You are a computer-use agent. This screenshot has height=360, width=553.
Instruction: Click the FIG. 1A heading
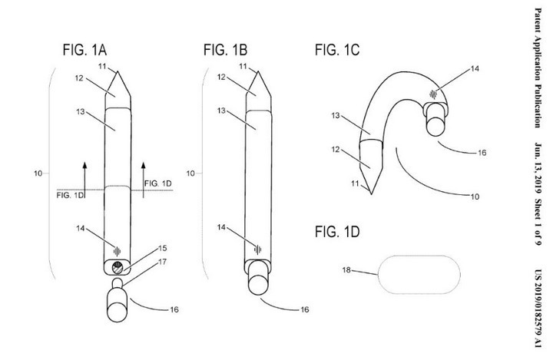(x=84, y=50)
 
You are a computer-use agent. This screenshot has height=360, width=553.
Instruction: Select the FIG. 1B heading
(x=225, y=50)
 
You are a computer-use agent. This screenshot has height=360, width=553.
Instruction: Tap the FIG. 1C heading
(x=337, y=50)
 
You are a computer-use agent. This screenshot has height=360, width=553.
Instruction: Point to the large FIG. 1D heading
(x=337, y=232)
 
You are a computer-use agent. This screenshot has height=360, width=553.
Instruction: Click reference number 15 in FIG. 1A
(x=162, y=248)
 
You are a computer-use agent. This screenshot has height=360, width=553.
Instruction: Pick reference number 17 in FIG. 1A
(x=162, y=262)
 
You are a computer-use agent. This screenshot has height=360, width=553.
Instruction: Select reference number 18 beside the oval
(x=346, y=270)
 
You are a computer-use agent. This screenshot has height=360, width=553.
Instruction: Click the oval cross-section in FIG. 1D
(x=419, y=275)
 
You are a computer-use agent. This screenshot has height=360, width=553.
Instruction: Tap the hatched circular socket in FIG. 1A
(x=118, y=268)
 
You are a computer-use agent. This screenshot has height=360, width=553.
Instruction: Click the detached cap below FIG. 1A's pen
(x=117, y=300)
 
